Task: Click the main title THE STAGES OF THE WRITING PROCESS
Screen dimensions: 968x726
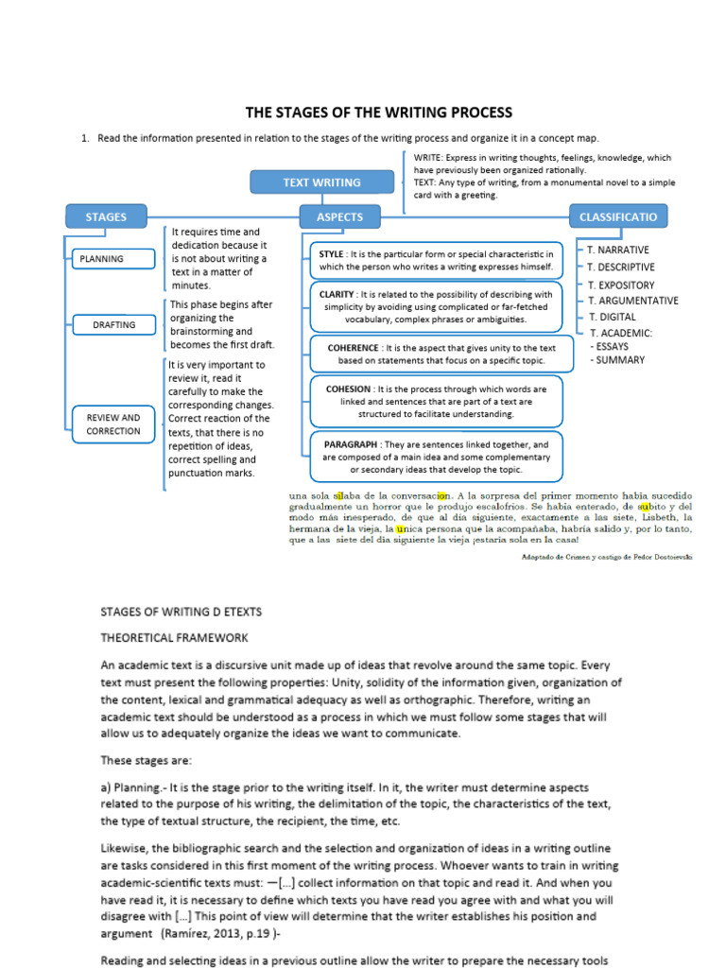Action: [378, 112]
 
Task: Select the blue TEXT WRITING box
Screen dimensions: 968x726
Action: [321, 182]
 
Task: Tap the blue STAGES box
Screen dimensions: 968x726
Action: [106, 216]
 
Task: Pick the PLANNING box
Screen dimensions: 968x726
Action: [102, 258]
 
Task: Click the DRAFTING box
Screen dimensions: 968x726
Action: [113, 324]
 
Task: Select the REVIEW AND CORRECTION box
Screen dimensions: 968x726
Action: [113, 424]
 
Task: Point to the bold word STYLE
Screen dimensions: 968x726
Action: [332, 254]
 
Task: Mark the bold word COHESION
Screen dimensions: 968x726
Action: [347, 389]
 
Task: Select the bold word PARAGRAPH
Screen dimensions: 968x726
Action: [352, 443]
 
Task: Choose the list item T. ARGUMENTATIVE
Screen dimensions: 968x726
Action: [632, 301]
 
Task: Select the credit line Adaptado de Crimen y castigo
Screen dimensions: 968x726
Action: [606, 558]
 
